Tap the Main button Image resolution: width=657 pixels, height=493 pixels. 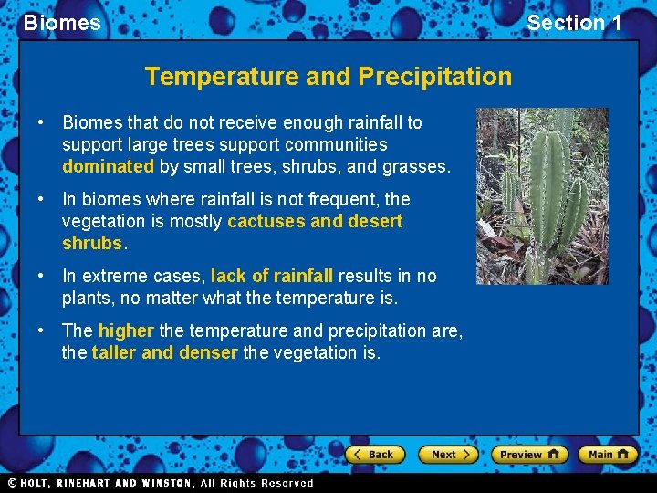coord(608,454)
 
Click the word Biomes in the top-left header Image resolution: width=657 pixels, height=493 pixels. coord(62,23)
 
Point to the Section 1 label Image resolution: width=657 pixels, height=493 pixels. coord(574,23)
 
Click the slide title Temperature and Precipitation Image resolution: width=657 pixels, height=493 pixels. coord(328,76)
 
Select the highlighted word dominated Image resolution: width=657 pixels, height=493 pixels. coord(108,167)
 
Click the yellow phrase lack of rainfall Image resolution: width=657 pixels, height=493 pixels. coord(272,276)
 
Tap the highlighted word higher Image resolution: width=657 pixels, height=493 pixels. coord(126,330)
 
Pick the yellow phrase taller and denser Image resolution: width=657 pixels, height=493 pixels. coord(164,352)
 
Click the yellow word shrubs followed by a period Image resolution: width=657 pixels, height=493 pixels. coord(91,244)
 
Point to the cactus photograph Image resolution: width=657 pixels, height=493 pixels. coord(542,195)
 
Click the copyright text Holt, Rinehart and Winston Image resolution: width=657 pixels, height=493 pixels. coord(160,483)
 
